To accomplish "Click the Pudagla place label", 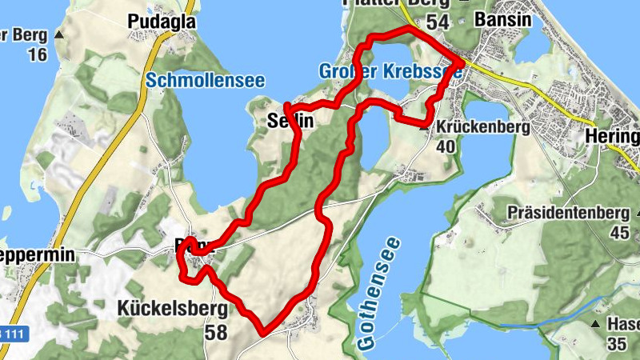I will [x=162, y=23].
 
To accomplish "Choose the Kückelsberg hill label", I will [x=173, y=309].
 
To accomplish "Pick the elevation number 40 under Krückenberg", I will [x=446, y=146].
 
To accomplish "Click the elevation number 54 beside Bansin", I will [x=438, y=22].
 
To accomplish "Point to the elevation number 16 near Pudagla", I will [x=37, y=54].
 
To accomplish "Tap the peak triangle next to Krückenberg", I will [x=424, y=126].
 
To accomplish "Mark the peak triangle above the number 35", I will [x=596, y=324].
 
